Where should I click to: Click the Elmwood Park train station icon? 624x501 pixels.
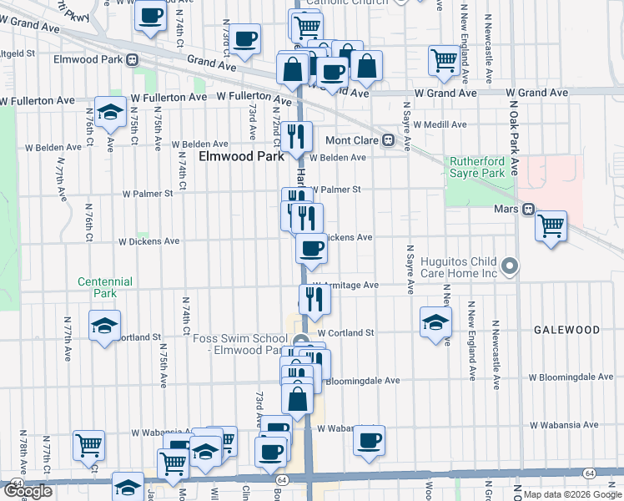pyautogui.click(x=132, y=60)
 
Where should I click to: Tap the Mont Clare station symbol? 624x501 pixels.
pyautogui.click(x=388, y=140)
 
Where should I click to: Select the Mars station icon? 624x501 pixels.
pyautogui.click(x=527, y=209)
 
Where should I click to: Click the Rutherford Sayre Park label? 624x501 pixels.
pyautogui.click(x=478, y=167)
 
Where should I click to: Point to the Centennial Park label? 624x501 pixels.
pyautogui.click(x=105, y=287)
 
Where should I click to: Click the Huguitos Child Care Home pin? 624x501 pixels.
pyautogui.click(x=511, y=267)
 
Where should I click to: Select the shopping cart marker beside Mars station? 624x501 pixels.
pyautogui.click(x=551, y=225)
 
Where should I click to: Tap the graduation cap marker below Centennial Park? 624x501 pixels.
pyautogui.click(x=105, y=325)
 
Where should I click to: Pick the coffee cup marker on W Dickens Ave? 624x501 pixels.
pyautogui.click(x=312, y=248)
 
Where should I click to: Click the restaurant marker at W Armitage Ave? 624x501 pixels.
pyautogui.click(x=315, y=298)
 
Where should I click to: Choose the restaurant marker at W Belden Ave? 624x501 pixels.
pyautogui.click(x=296, y=136)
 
